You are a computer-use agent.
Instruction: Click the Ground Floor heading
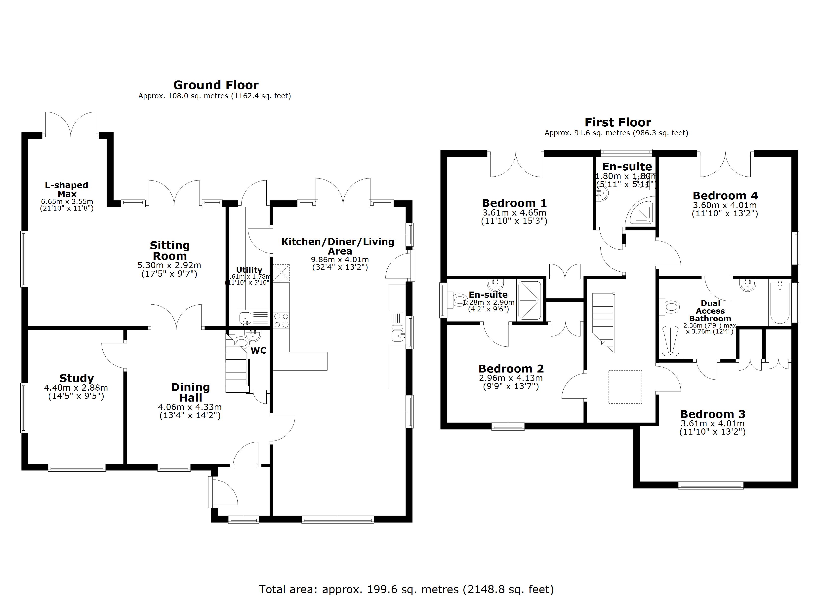point(216,85)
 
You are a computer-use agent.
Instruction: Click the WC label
point(258,351)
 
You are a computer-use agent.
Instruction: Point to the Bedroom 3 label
point(713,414)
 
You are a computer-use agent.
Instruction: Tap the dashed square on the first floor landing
point(625,387)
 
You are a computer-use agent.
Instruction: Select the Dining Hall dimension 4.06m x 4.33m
point(190,407)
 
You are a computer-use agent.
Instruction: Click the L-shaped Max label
point(67,189)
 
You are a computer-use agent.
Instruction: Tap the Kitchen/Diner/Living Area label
point(338,246)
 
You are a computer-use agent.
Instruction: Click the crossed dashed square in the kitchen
point(281,273)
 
